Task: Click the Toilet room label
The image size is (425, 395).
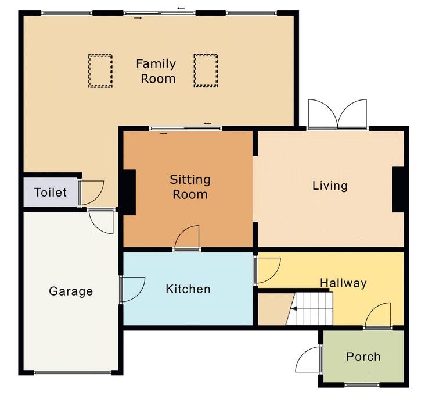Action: pyautogui.click(x=51, y=193)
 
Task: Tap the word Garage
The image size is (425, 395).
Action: pyautogui.click(x=71, y=291)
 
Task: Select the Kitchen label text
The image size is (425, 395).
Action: pyautogui.click(x=188, y=289)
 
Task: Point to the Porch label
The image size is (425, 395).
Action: pyautogui.click(x=363, y=357)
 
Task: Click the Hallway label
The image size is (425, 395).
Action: pyautogui.click(x=343, y=283)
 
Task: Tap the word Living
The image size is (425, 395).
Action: pyautogui.click(x=330, y=186)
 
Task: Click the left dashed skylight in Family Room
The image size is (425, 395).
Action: pyautogui.click(x=100, y=71)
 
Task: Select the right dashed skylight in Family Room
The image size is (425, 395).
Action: pyautogui.click(x=206, y=70)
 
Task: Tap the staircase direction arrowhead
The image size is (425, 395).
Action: pyautogui.click(x=294, y=308)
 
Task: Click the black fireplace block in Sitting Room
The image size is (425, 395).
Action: pyautogui.click(x=129, y=193)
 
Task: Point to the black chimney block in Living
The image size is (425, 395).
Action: pyautogui.click(x=398, y=189)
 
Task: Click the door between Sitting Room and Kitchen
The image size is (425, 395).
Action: pyautogui.click(x=188, y=237)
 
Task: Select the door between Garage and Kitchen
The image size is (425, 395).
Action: pyautogui.click(x=132, y=290)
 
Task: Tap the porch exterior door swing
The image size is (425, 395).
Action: pyautogui.click(x=308, y=359)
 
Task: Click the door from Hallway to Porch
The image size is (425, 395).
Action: pyautogui.click(x=378, y=315)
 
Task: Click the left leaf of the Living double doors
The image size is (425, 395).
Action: pyautogui.click(x=323, y=113)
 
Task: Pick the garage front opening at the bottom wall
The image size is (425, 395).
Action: pyautogui.click(x=73, y=373)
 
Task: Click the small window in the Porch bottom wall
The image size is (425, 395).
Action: pyautogui.click(x=362, y=385)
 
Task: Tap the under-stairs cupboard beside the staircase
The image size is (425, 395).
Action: pyautogui.click(x=273, y=309)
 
